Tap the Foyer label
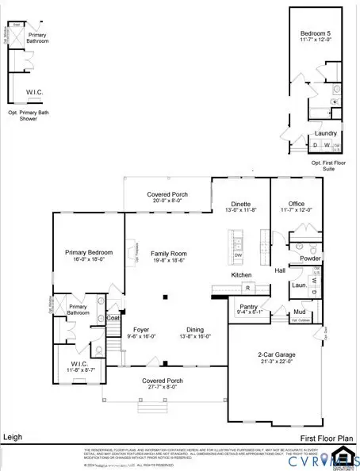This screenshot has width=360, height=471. pos(141,330)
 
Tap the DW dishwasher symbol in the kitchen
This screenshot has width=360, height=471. pos(238,255)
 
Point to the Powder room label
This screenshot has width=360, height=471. pos(310,258)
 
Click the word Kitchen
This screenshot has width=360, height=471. pos(241,274)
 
